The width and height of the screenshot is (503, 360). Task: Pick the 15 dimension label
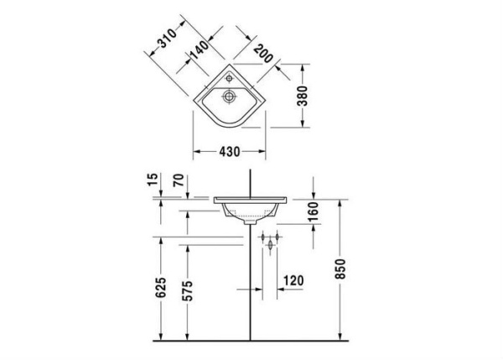pyautogui.click(x=151, y=180)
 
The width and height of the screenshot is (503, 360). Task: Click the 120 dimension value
pyautogui.click(x=293, y=279)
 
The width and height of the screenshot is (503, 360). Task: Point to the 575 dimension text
pyautogui.click(x=189, y=290)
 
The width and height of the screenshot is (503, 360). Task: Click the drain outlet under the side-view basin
pyautogui.click(x=248, y=223)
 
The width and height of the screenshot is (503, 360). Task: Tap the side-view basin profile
pyautogui.click(x=251, y=206)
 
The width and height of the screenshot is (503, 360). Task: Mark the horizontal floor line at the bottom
pyautogui.click(x=251, y=342)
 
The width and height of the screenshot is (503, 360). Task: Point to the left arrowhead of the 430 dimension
pyautogui.click(x=197, y=152)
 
